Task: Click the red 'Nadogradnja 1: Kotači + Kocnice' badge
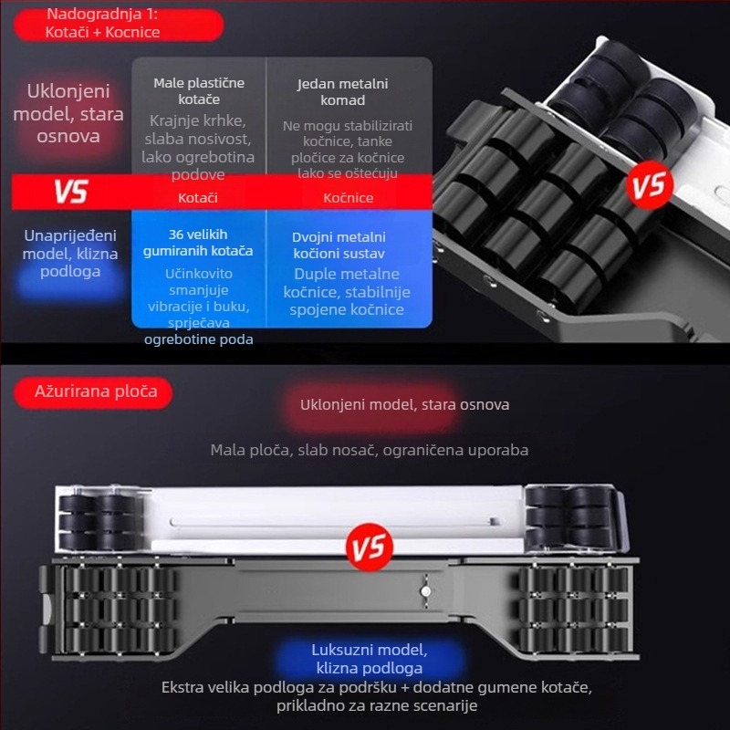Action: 119,25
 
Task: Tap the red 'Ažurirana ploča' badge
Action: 93,392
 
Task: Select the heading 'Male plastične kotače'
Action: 199,90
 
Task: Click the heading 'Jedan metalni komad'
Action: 343,92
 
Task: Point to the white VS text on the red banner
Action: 71,192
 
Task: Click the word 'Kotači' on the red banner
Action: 198,198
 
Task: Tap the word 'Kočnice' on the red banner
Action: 349,198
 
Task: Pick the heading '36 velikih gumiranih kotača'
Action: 198,243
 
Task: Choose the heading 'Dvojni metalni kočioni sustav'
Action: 339,245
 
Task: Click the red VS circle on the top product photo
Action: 650,185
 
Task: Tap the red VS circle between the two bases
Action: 370,547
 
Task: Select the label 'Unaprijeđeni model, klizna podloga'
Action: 70,254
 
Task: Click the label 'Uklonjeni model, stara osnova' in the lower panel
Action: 404,404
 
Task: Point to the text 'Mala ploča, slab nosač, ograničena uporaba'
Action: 370,450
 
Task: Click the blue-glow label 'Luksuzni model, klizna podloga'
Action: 370,659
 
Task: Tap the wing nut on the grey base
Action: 425,590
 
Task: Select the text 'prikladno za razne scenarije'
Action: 377,705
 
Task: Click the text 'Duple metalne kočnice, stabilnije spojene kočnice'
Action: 347,292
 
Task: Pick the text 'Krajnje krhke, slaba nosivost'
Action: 198,130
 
